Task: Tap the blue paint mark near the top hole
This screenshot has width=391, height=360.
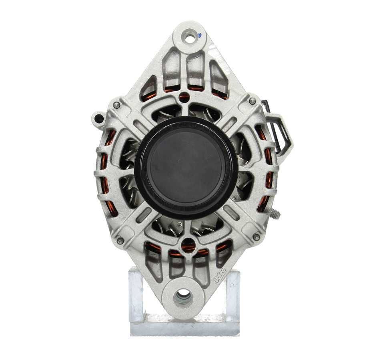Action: click(199, 35)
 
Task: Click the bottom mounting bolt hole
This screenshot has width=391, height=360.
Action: click(183, 296)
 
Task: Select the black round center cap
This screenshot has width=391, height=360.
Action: click(186, 166)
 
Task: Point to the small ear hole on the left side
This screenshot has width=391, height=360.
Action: click(97, 118)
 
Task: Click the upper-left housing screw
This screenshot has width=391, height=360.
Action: click(116, 105)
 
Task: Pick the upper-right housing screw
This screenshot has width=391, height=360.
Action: click(252, 102)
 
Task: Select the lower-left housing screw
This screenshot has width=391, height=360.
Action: click(120, 240)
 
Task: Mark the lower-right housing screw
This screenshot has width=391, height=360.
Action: click(256, 237)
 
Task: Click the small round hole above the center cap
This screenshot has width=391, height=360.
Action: click(184, 96)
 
